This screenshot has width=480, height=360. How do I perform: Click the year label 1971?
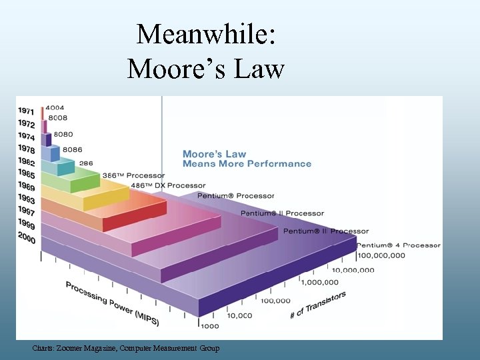pos(27,111)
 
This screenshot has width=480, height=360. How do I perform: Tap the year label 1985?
pos(27,174)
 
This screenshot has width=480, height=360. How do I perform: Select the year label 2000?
pos(27,237)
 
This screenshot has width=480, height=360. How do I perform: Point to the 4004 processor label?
pos(56,108)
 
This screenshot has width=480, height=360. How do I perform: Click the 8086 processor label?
pos(72,150)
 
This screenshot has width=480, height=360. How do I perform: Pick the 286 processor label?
pos(86,163)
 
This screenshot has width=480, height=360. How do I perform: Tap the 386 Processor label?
pos(133,175)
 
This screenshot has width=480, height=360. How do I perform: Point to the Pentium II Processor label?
pos(282,213)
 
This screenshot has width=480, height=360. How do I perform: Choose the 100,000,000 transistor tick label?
pos(381,255)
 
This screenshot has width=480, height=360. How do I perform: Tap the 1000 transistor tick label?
pos(209,326)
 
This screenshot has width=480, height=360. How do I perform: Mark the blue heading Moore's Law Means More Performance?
pos(247,159)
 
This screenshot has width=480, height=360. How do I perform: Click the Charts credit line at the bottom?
pos(126,348)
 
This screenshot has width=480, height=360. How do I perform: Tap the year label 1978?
pos(27,149)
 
